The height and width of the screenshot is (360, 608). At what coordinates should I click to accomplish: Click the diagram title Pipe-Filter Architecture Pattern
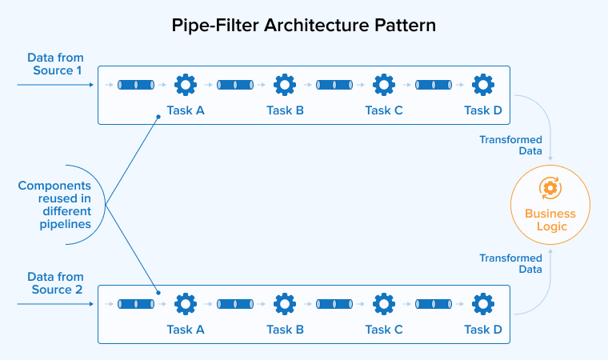pyautogui.click(x=304, y=25)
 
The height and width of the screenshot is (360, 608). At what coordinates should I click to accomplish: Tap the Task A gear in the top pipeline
pyautogui.click(x=186, y=85)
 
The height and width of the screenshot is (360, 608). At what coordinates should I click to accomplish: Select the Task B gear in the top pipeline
pyautogui.click(x=285, y=85)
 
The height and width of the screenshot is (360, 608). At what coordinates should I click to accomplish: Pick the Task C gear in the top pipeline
pyautogui.click(x=384, y=85)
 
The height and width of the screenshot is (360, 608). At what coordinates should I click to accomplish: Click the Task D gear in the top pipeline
pyautogui.click(x=482, y=85)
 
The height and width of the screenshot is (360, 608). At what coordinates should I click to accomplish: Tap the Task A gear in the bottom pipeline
pyautogui.click(x=186, y=304)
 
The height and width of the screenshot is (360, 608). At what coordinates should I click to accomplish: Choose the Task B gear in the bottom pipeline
pyautogui.click(x=285, y=304)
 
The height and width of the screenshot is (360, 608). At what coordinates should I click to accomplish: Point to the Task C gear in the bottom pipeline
pyautogui.click(x=384, y=304)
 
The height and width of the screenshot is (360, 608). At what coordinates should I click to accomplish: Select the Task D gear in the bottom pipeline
pyautogui.click(x=482, y=304)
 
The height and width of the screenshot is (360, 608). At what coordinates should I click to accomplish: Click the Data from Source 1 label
pyautogui.click(x=55, y=65)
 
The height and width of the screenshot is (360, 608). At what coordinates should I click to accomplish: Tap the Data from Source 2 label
pyautogui.click(x=55, y=283)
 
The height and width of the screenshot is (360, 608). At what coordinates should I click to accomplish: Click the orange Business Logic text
pyautogui.click(x=550, y=220)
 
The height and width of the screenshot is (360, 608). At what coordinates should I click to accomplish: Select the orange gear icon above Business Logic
pyautogui.click(x=550, y=189)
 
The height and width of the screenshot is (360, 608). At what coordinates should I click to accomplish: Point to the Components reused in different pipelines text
pyautogui.click(x=54, y=205)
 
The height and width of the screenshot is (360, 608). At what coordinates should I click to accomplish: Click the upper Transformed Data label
pyautogui.click(x=510, y=146)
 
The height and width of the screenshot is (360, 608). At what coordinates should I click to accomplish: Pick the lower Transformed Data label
pyautogui.click(x=510, y=264)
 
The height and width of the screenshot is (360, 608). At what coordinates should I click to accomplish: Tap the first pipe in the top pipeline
pyautogui.click(x=137, y=85)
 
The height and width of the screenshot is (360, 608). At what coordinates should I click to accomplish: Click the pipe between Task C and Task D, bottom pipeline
pyautogui.click(x=434, y=304)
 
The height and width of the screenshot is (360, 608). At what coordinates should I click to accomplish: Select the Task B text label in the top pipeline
pyautogui.click(x=285, y=110)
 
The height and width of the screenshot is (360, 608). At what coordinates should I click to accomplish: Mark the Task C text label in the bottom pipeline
pyautogui.click(x=384, y=330)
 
